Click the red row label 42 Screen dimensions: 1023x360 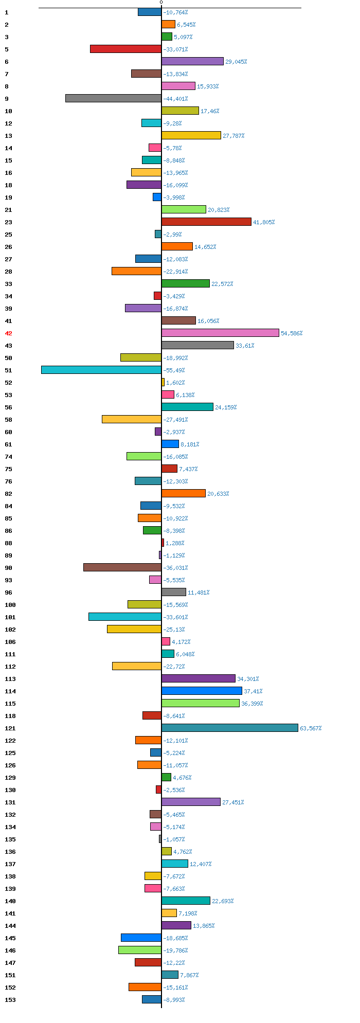pos(8,333)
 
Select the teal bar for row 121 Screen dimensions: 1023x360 pos(229,728)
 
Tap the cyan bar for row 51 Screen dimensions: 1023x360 pos(101,370)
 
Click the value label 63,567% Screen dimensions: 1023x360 pos(311,728)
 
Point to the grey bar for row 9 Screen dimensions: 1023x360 pos(113,98)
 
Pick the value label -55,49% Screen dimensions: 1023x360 pos(174,370)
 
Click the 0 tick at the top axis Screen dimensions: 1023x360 pos(161,3)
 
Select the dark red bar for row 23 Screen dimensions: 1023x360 pos(206,222)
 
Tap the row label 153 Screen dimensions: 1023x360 pos(10,1000)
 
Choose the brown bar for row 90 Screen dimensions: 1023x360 pos(122,567)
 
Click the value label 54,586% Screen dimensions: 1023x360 pos(292,333)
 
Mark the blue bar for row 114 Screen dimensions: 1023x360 pos(202,691)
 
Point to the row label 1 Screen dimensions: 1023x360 pos(7,12)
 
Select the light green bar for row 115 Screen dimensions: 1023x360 pos(201,703)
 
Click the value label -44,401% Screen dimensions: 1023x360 pos(175,99)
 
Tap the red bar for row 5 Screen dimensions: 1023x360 pos(125,49)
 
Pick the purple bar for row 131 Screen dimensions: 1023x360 pos(191,802)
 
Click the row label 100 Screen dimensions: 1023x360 pos(10,605)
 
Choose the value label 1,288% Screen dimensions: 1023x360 pos(175,543)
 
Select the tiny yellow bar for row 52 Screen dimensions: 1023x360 pos(163,382)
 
